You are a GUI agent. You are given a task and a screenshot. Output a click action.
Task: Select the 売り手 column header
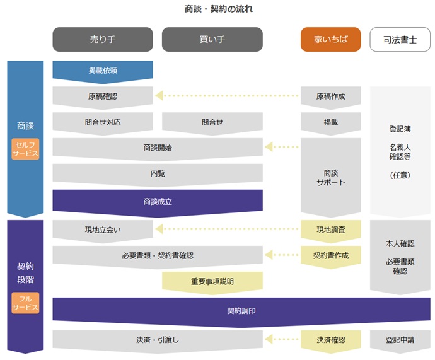(103, 39)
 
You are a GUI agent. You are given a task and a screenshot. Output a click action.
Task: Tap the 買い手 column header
(212, 39)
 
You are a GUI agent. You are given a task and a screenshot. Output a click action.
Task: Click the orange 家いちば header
(330, 39)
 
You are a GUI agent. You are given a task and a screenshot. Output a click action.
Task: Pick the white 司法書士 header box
(400, 39)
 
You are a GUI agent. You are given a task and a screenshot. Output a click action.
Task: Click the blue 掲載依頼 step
(103, 71)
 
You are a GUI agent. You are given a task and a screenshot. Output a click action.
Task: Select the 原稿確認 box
(103, 96)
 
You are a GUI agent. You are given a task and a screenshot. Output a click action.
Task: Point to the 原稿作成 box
(330, 96)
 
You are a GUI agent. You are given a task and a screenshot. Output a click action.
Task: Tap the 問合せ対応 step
(103, 122)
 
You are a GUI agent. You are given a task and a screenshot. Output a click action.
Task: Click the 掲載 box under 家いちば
(330, 122)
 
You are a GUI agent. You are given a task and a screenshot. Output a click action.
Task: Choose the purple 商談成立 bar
(158, 202)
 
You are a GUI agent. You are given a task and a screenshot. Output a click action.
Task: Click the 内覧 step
(158, 173)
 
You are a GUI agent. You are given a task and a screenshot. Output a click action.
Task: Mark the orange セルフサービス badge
(25, 149)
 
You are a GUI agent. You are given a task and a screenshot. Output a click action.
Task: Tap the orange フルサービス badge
(25, 303)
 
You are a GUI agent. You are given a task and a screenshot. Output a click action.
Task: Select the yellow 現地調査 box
(330, 230)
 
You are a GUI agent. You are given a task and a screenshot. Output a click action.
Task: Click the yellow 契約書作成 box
(330, 256)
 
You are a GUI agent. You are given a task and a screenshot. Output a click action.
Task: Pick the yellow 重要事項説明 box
(212, 282)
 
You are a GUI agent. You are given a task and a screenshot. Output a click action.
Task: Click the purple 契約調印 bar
(241, 311)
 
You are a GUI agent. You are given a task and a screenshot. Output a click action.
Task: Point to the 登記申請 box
(400, 340)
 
